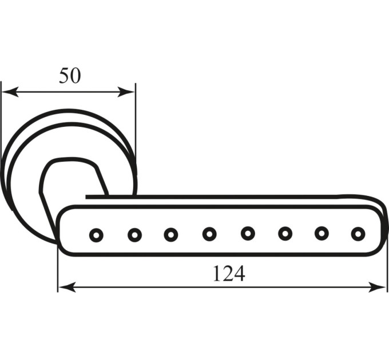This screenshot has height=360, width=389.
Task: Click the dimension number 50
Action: (70, 75)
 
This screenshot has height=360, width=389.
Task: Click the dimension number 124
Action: (229, 273)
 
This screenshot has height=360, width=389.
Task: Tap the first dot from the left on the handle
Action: (96, 235)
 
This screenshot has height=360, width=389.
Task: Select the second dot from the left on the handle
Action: (134, 235)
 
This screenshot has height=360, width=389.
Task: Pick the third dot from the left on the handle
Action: (171, 234)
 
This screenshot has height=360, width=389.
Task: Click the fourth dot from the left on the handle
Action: (209, 234)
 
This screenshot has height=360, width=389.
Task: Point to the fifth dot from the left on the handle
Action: (248, 233)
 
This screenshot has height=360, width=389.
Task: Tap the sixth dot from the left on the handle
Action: (285, 233)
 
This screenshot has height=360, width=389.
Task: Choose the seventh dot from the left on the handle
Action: (321, 233)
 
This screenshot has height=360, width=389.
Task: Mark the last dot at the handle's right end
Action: (358, 234)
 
